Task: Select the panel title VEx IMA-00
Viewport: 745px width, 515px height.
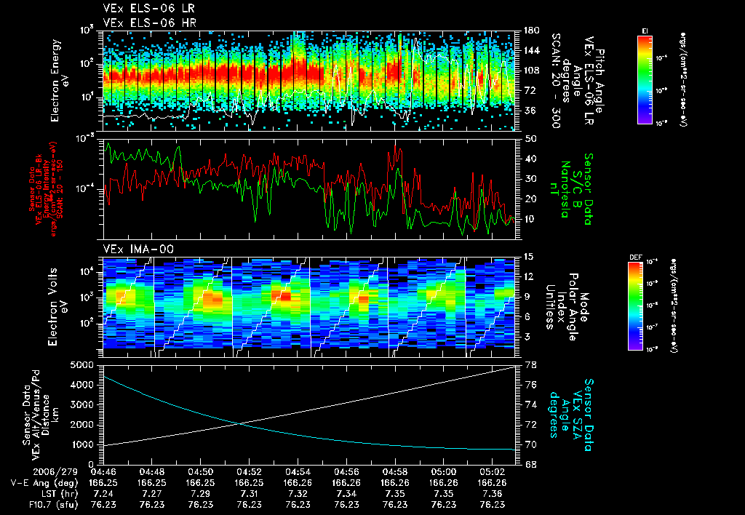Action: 132,249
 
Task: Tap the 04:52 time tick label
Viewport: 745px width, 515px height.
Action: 250,471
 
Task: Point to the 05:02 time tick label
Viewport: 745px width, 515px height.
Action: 492,471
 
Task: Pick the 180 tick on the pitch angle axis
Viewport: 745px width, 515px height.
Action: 530,31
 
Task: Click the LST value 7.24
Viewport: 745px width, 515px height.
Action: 104,493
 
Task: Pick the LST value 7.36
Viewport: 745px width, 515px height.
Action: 492,493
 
